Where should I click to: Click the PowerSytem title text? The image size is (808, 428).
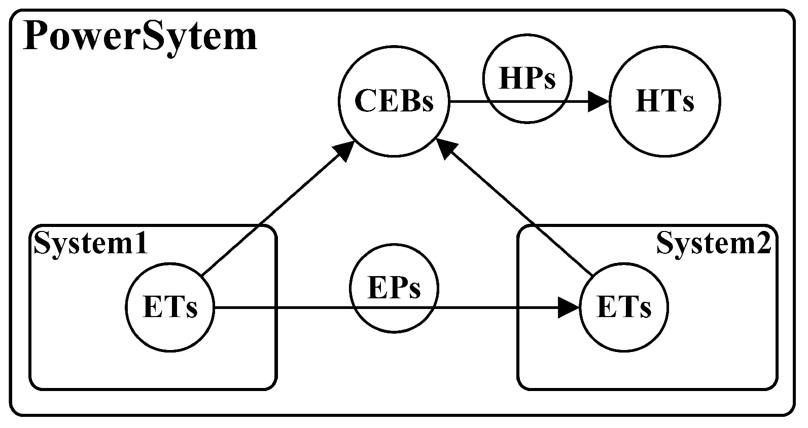coord(139,36)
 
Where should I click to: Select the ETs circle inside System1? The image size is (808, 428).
coord(170,329)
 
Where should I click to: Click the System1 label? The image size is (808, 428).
coord(90,244)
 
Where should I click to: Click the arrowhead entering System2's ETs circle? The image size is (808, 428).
coord(569,307)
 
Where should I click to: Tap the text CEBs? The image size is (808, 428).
coord(394,101)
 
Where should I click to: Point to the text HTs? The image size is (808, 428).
coord(664,102)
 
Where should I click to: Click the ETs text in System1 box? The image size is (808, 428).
coord(170,307)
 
